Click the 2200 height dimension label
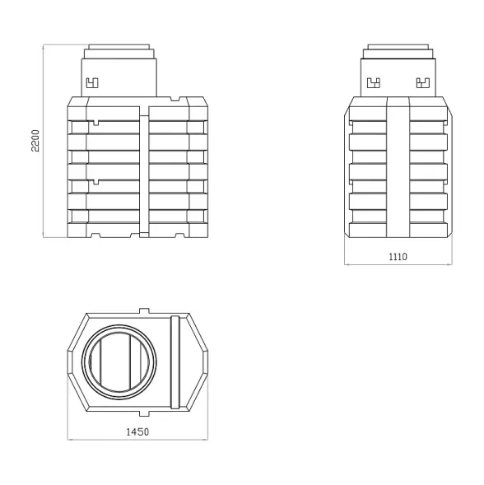pyautogui.click(x=35, y=141)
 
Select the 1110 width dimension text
pyautogui.click(x=398, y=257)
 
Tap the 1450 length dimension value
pyautogui.click(x=137, y=431)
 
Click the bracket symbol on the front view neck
pyautogui.click(x=92, y=83)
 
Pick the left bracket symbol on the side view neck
pyautogui.click(x=374, y=83)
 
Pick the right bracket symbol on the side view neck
pyautogui.click(x=423, y=83)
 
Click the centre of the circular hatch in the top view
pyautogui.click(x=119, y=362)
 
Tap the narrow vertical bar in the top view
pyautogui.click(x=175, y=362)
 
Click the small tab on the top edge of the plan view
pyautogui.click(x=144, y=311)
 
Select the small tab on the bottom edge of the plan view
pyautogui.click(x=144, y=413)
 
